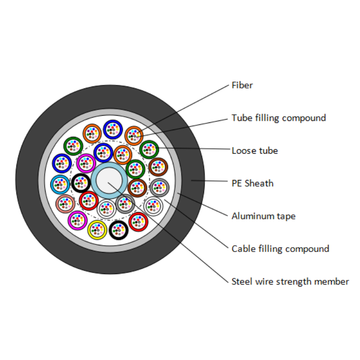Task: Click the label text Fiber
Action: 242,85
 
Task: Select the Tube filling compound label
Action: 278,118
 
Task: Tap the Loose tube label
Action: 254,151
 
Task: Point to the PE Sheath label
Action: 252,183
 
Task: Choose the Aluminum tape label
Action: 264,216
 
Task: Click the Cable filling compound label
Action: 280,249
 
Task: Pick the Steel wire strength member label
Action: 290,281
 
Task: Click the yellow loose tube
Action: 97,230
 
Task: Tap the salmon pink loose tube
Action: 65,204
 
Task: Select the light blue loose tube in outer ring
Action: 60,183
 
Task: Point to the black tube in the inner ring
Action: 81,183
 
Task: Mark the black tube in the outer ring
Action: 118,230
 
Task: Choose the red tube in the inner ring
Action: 89,200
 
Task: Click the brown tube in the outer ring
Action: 158,167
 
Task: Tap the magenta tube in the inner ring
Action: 86,164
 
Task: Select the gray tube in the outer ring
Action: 159,187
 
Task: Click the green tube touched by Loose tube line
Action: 149,150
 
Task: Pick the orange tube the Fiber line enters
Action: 134,135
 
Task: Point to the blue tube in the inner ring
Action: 103,153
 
